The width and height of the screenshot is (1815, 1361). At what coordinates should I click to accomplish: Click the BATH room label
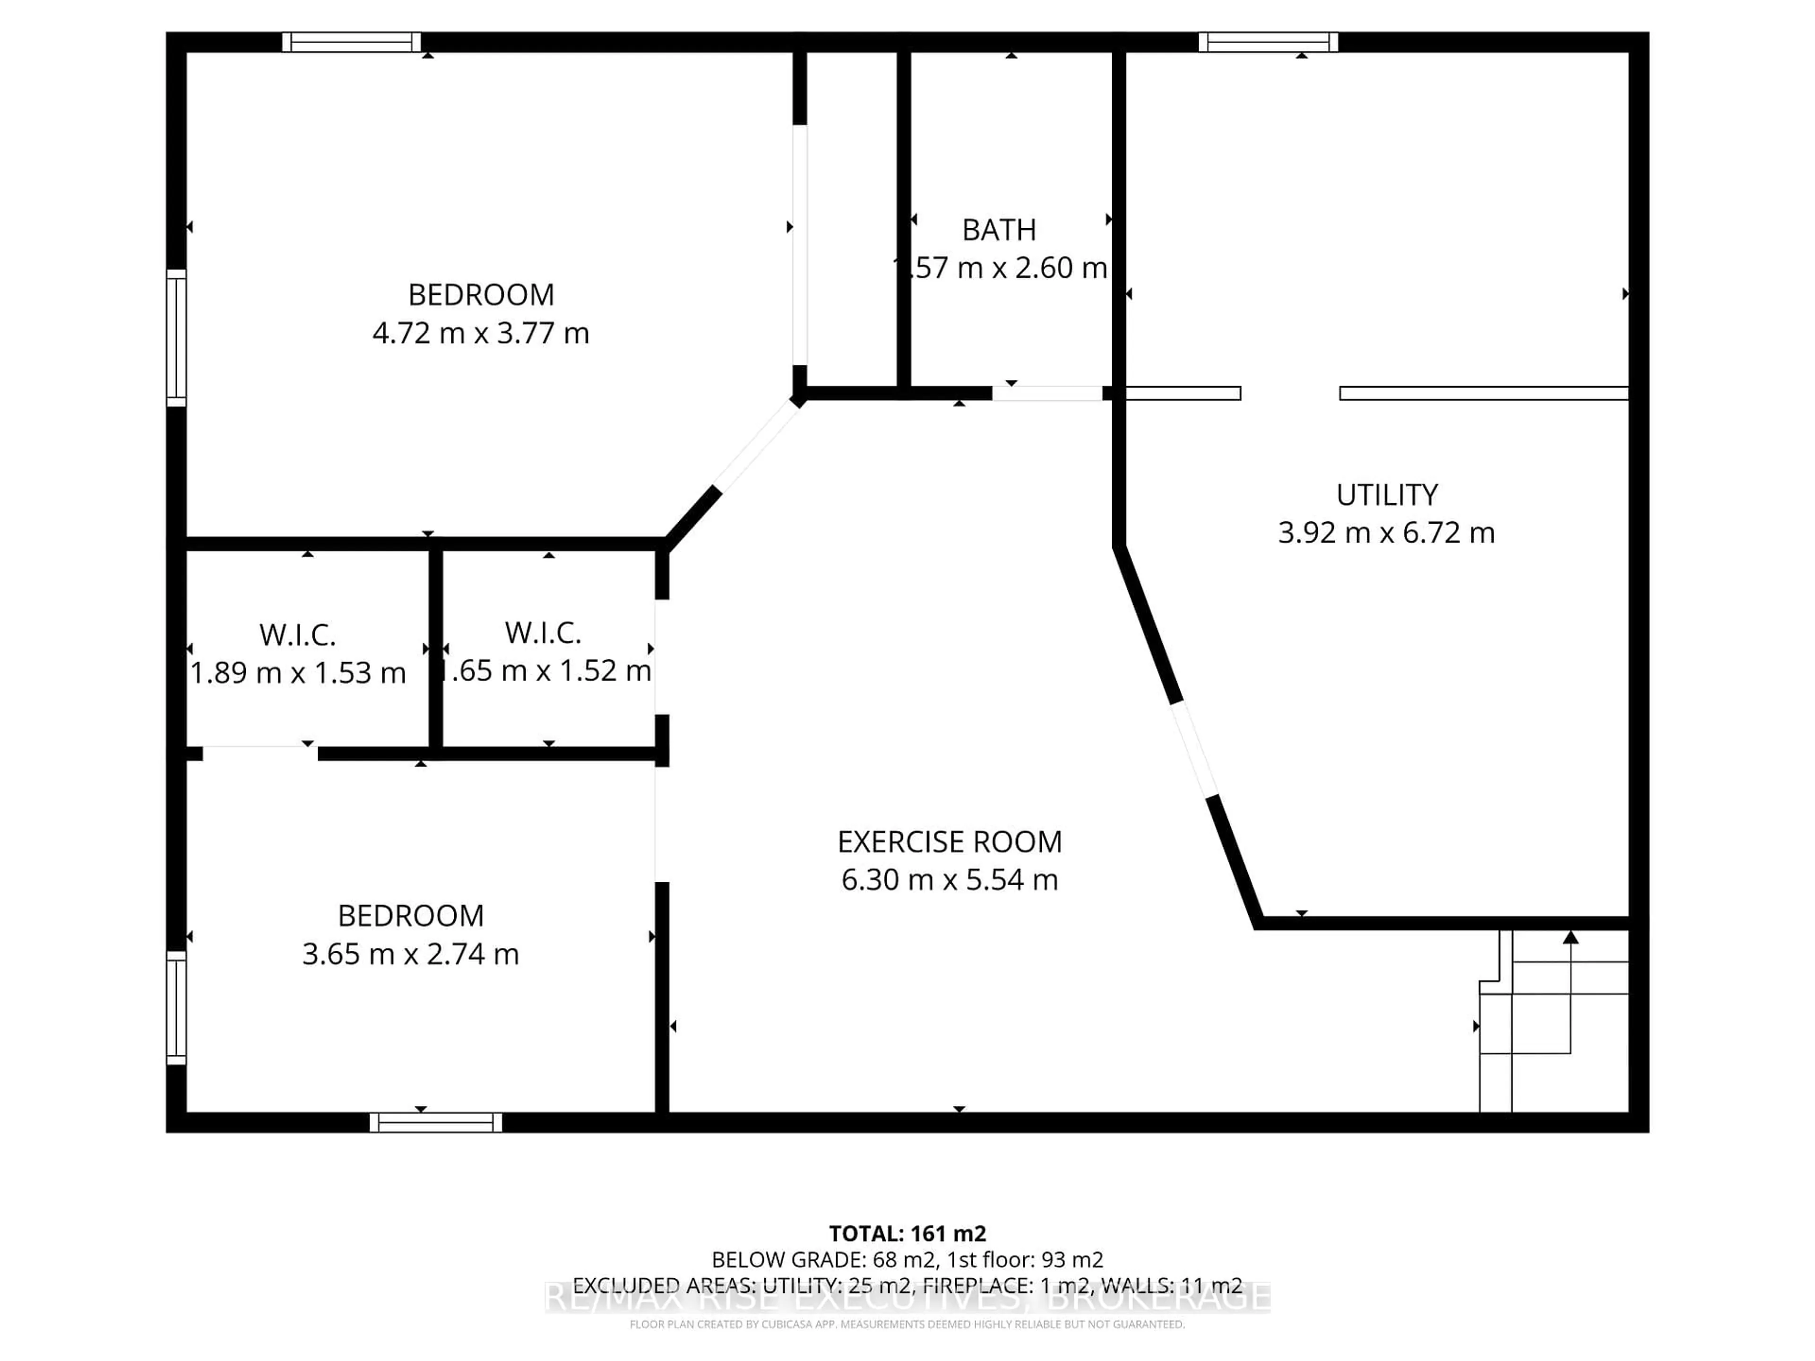[999, 231]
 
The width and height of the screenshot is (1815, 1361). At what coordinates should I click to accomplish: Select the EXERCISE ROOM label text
[950, 842]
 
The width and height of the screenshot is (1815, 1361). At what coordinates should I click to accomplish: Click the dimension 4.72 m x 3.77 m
[481, 333]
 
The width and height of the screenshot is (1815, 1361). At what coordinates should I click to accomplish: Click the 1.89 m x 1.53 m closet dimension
[298, 673]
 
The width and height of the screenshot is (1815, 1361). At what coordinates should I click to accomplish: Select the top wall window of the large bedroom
[352, 42]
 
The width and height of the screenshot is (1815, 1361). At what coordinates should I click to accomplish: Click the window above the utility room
[1269, 42]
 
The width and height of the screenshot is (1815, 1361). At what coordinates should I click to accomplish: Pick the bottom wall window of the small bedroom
[436, 1122]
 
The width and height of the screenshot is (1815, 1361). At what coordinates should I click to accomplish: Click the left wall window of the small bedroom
[176, 1008]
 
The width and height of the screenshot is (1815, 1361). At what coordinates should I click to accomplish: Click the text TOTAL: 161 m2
[907, 1234]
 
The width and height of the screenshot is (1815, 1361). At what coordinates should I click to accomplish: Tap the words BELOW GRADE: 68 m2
[825, 1259]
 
